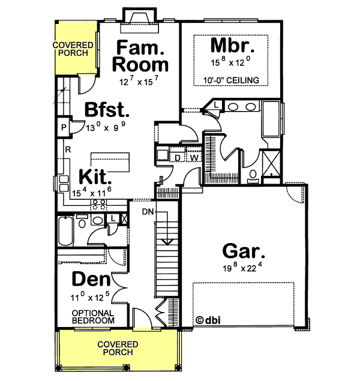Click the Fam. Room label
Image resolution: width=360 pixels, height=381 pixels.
[142, 55]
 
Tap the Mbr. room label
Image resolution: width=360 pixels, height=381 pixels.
[232, 46]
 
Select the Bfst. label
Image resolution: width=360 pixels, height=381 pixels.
[107, 110]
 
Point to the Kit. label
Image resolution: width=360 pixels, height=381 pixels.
[95, 178]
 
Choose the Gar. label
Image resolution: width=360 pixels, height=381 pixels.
[244, 251]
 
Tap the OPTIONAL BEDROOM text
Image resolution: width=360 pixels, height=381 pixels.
[93, 317]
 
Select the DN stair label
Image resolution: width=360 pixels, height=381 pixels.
[149, 212]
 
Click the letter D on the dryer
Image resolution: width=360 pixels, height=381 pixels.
[178, 157]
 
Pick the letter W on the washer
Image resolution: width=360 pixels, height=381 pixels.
[194, 157]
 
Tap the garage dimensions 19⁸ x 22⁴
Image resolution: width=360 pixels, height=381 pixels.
[244, 267]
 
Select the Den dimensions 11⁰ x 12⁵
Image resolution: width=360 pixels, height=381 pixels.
[91, 296]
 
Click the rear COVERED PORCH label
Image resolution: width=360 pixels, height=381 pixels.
[74, 49]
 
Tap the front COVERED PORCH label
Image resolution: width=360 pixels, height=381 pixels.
[118, 349]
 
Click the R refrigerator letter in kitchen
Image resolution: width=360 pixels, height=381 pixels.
[69, 149]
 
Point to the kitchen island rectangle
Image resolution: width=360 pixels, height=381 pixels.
[111, 160]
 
